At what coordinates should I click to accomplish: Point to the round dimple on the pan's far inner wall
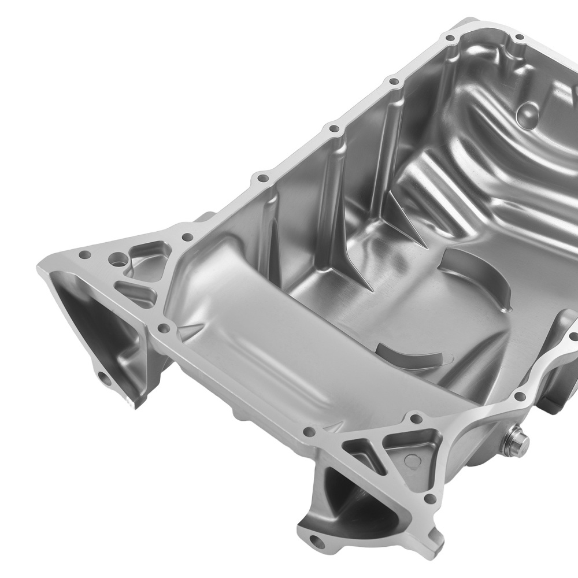coord(529,109)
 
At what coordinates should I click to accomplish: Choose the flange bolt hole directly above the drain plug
coord(520,396)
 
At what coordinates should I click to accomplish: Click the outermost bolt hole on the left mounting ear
coord(84,254)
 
